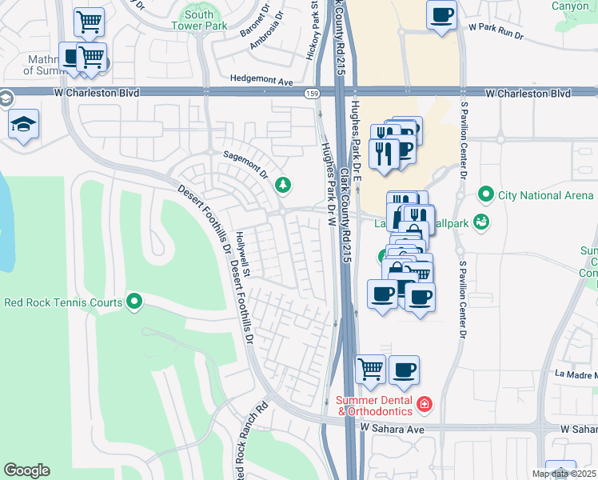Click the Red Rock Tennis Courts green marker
coord(134,302)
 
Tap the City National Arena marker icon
coord(484,194)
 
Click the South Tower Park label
coord(198,20)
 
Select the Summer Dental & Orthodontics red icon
coord(424,406)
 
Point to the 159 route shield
coord(313,94)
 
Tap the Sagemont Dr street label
coord(245,161)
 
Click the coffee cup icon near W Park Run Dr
coord(441,14)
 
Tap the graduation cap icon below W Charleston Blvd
coord(24,124)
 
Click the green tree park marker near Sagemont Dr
coord(282,186)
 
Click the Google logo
coord(26,470)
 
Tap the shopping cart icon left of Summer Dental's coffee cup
coord(370,369)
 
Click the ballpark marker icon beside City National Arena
coord(480,222)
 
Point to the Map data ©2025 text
coord(564,474)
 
